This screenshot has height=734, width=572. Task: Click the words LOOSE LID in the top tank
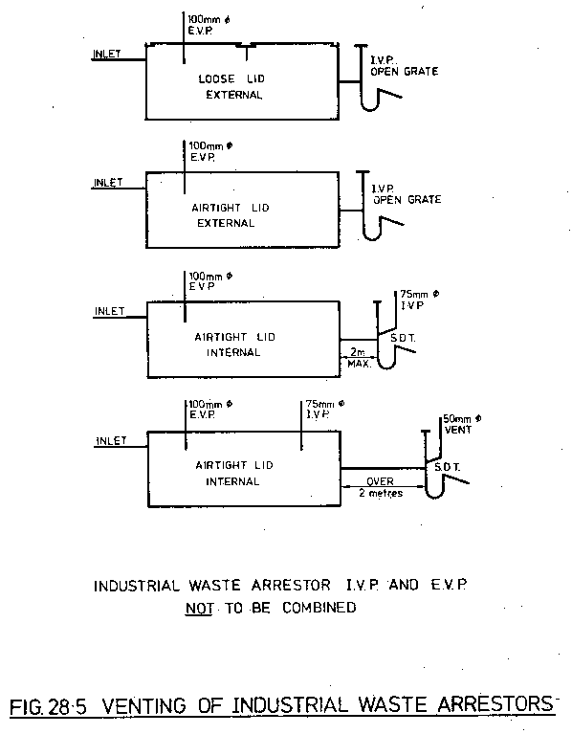[231, 78]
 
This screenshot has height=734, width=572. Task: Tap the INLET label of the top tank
[107, 54]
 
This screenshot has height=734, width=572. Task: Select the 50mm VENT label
[462, 424]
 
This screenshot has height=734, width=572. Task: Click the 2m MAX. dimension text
[360, 358]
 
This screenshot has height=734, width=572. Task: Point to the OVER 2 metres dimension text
[381, 487]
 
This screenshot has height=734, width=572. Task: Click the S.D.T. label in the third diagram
[403, 338]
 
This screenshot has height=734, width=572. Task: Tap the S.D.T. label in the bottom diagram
[447, 467]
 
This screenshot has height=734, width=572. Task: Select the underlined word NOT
[200, 608]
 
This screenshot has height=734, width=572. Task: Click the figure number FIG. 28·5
[49, 706]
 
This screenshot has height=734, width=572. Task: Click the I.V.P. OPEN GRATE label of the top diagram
[404, 66]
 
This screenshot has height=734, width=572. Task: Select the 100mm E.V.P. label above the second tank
[210, 151]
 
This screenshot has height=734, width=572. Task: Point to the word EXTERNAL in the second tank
[226, 223]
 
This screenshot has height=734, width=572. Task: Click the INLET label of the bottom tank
[111, 441]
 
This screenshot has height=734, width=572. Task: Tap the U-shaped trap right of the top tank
[370, 101]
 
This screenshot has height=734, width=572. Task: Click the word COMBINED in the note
[319, 608]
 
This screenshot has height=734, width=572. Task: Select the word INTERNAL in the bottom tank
[232, 481]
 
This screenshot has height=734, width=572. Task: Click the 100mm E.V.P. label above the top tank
[209, 25]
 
